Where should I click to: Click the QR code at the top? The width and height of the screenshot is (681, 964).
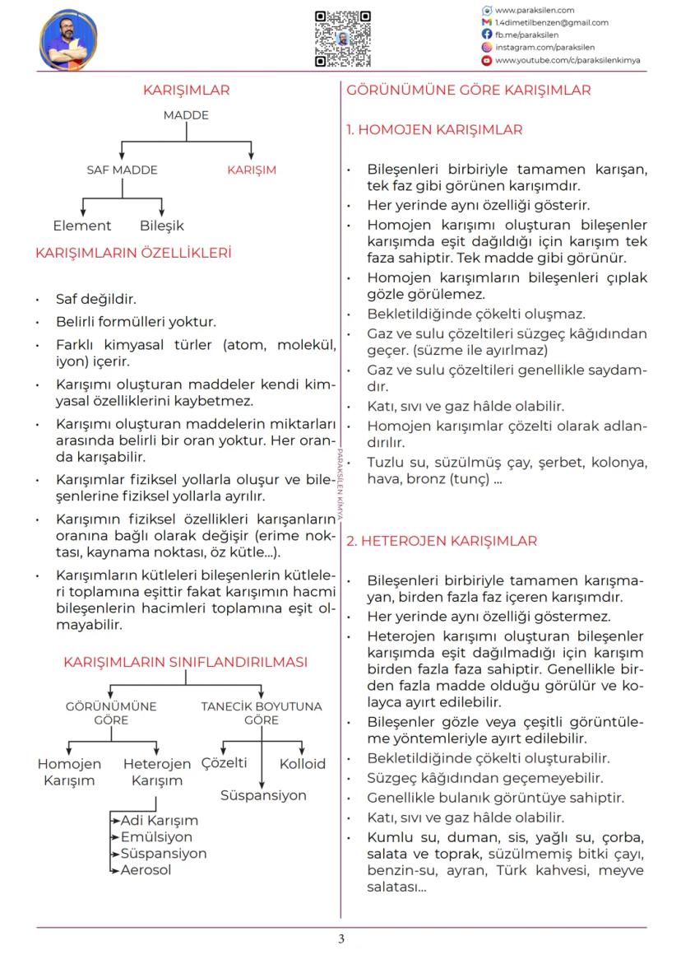point(342,39)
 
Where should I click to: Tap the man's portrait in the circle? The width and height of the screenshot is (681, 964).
point(68,40)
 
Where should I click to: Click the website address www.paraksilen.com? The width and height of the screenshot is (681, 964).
point(534,10)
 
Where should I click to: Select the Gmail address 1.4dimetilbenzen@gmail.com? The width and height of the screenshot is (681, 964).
point(551,22)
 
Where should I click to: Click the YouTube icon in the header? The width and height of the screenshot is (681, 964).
point(487,60)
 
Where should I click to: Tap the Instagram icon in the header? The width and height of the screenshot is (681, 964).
point(487,48)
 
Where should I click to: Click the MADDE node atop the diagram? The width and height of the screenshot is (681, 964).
point(186,115)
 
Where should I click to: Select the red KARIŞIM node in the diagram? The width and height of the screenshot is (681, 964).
point(252,170)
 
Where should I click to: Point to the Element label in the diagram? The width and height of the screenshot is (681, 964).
point(81,226)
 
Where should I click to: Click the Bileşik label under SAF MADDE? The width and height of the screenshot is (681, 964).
point(162,226)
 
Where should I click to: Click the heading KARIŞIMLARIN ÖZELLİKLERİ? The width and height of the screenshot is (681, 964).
point(133,253)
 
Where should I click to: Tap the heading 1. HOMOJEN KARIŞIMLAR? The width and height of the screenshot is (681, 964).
point(434,130)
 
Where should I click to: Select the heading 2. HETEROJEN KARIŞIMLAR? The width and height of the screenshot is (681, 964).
point(442,541)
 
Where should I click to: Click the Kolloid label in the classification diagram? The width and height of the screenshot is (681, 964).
point(303,764)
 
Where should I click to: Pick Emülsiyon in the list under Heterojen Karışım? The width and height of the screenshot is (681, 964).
point(156,837)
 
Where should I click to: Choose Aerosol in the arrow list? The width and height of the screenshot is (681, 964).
point(146,870)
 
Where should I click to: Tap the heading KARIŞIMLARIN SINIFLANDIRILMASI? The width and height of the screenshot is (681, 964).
point(186,662)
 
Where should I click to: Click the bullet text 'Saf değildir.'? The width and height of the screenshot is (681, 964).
point(96,299)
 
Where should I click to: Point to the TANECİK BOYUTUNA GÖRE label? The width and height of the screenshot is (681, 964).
point(262,713)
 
